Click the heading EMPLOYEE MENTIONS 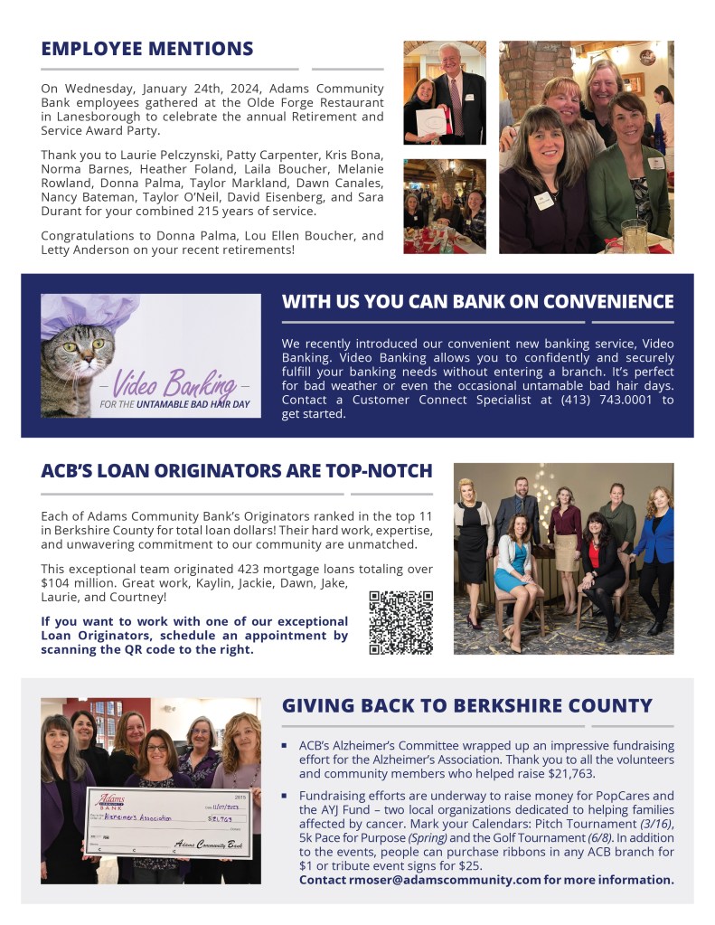pyautogui.click(x=147, y=49)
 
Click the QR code pyautogui.click(x=400, y=622)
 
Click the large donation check pyautogui.click(x=168, y=821)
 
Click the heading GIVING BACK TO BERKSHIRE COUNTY pyautogui.click(x=466, y=706)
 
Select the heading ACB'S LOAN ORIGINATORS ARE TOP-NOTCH pyautogui.click(x=237, y=471)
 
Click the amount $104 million pyautogui.click(x=79, y=582)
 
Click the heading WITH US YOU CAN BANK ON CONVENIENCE pyautogui.click(x=477, y=301)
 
